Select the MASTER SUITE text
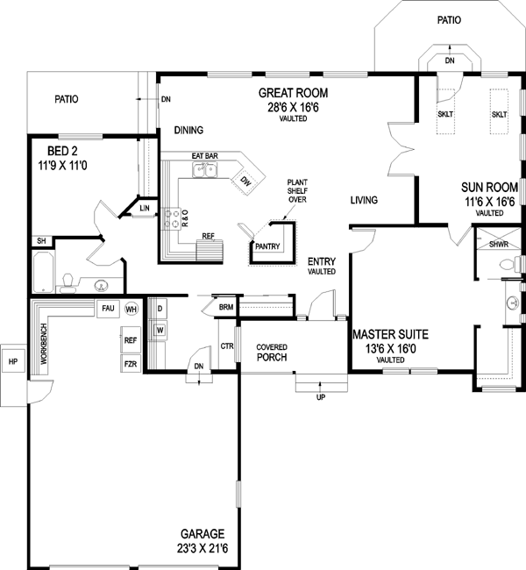389,334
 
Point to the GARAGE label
203,533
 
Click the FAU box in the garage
108,309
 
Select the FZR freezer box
130,362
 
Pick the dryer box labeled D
160,310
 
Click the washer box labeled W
160,330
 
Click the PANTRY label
267,246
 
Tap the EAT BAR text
204,156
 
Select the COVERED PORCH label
272,353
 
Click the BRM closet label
225,308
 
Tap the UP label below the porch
321,397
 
